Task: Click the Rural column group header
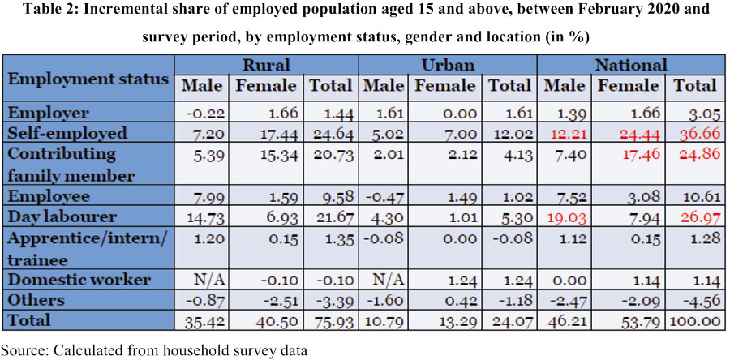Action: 266,65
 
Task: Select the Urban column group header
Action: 449,65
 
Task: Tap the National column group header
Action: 630,65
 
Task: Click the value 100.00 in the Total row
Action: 696,320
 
